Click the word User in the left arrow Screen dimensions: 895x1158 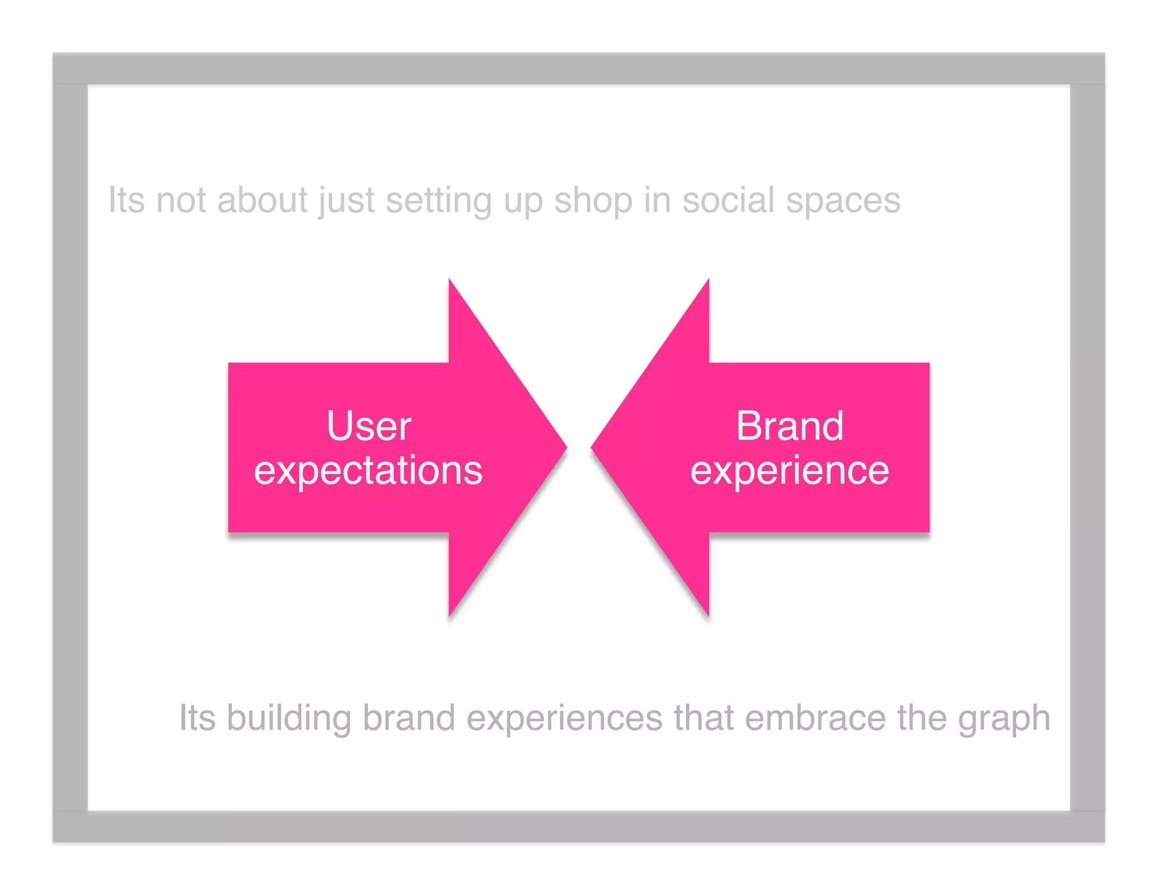pyautogui.click(x=369, y=426)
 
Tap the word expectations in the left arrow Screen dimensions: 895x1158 pyautogui.click(x=368, y=471)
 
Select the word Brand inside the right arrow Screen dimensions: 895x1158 pyautogui.click(x=789, y=426)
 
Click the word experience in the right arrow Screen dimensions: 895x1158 pyautogui.click(x=789, y=471)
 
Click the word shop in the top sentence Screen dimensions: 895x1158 pyautogui.click(x=593, y=201)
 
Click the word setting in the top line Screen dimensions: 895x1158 pyautogui.click(x=438, y=201)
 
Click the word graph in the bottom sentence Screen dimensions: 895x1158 pyautogui.click(x=1004, y=719)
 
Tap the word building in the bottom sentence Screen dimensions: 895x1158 pyautogui.click(x=288, y=718)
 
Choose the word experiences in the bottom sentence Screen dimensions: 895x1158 pyautogui.click(x=564, y=718)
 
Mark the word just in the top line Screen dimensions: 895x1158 pyautogui.click(x=346, y=201)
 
